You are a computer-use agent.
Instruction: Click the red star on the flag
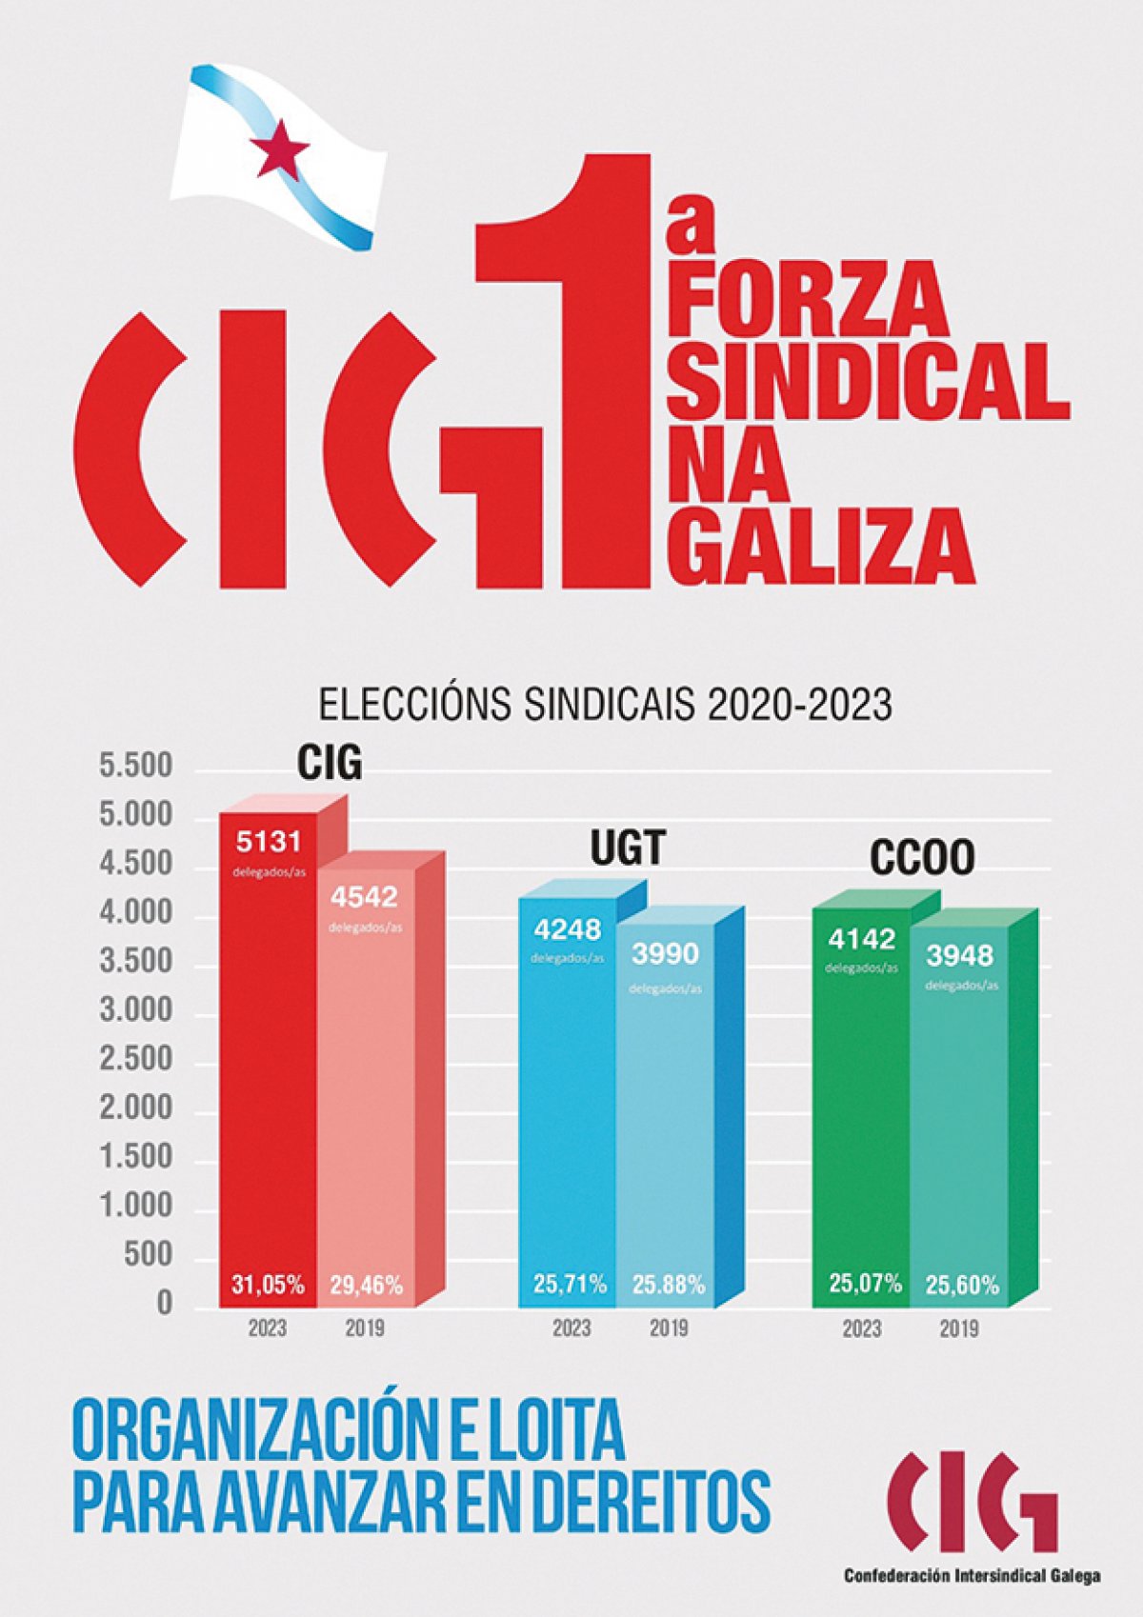click(279, 150)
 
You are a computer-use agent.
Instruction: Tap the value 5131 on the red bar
click(269, 841)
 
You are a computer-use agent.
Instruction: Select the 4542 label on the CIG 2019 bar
click(365, 897)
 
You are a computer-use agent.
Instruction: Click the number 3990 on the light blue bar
click(666, 953)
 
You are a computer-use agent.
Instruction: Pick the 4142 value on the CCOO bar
click(861, 939)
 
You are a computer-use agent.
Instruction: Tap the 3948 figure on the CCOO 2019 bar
click(960, 954)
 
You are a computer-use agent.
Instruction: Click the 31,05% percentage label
click(269, 1285)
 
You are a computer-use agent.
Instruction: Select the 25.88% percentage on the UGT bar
click(669, 1285)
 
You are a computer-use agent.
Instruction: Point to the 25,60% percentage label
click(962, 1285)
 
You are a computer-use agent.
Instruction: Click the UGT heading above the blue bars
click(627, 848)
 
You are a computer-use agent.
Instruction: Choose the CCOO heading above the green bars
click(922, 858)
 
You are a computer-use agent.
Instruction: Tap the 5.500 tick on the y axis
click(137, 766)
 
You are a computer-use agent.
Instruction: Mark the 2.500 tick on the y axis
click(137, 1059)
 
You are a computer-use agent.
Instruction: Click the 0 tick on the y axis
click(164, 1303)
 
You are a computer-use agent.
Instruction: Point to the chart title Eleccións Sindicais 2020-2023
click(605, 706)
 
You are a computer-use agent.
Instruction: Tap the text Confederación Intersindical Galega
click(972, 1575)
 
